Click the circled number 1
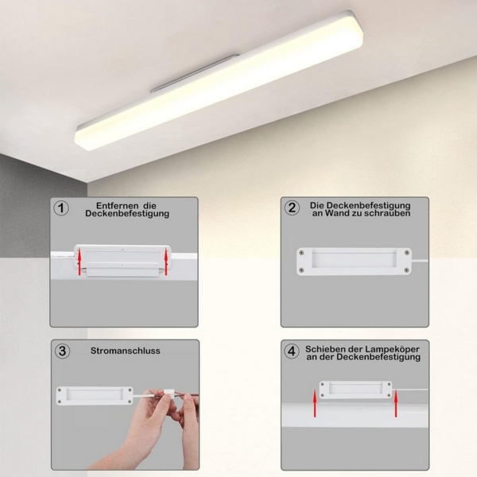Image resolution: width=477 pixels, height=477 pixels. [61, 207]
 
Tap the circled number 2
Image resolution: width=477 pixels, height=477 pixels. [292, 207]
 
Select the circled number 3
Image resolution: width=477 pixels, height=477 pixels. [61, 351]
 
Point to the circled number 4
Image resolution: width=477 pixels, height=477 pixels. [292, 351]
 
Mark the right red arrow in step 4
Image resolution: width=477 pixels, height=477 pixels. [394, 405]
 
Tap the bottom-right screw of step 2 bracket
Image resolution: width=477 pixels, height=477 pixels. [407, 272]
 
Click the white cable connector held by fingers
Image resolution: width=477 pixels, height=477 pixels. [178, 397]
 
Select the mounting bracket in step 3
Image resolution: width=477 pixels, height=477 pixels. [94, 395]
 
